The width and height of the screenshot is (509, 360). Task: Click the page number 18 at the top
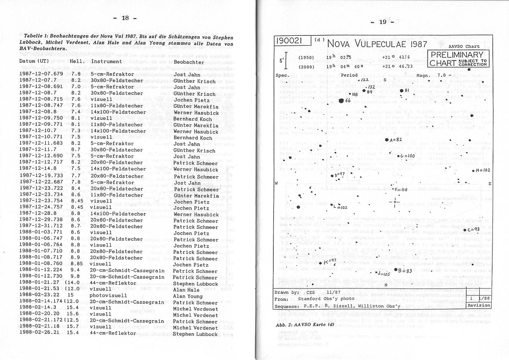click(x=125, y=18)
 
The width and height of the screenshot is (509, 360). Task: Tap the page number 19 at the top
click(x=383, y=22)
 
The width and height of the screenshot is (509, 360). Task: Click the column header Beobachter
click(x=189, y=62)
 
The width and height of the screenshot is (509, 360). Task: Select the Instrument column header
click(x=106, y=61)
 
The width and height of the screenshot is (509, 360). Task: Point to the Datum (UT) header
click(x=34, y=61)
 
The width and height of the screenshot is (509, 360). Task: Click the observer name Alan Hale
click(x=186, y=290)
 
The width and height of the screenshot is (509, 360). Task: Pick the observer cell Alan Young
click(x=188, y=296)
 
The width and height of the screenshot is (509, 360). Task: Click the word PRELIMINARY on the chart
click(x=456, y=55)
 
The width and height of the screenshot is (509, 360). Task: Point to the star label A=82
click(x=396, y=139)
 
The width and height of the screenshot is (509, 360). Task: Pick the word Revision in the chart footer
click(x=479, y=306)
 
